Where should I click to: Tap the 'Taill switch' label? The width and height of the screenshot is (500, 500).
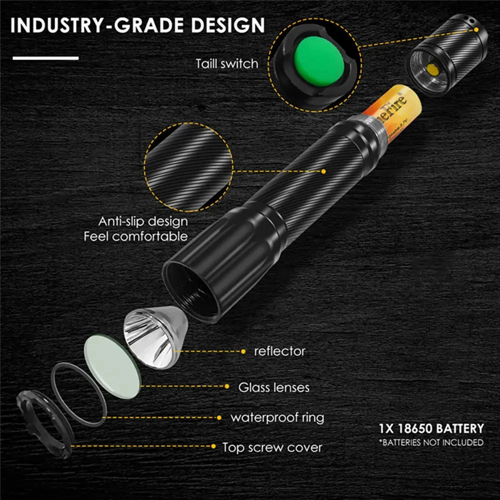point(227,63)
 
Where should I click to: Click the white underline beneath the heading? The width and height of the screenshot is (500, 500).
point(45,58)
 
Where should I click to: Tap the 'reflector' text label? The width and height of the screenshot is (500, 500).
point(279,351)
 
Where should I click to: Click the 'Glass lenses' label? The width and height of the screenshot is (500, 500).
point(273,387)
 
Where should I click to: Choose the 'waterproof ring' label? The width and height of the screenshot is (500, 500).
point(277,417)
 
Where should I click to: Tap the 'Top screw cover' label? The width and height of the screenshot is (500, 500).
point(272,447)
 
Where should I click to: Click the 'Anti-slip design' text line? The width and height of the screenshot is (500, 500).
point(143,221)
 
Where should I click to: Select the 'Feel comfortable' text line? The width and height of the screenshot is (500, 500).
point(136,236)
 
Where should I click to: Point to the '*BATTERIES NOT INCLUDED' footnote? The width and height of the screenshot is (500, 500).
point(431,442)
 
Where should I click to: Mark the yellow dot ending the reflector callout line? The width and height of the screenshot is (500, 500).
point(243,351)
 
